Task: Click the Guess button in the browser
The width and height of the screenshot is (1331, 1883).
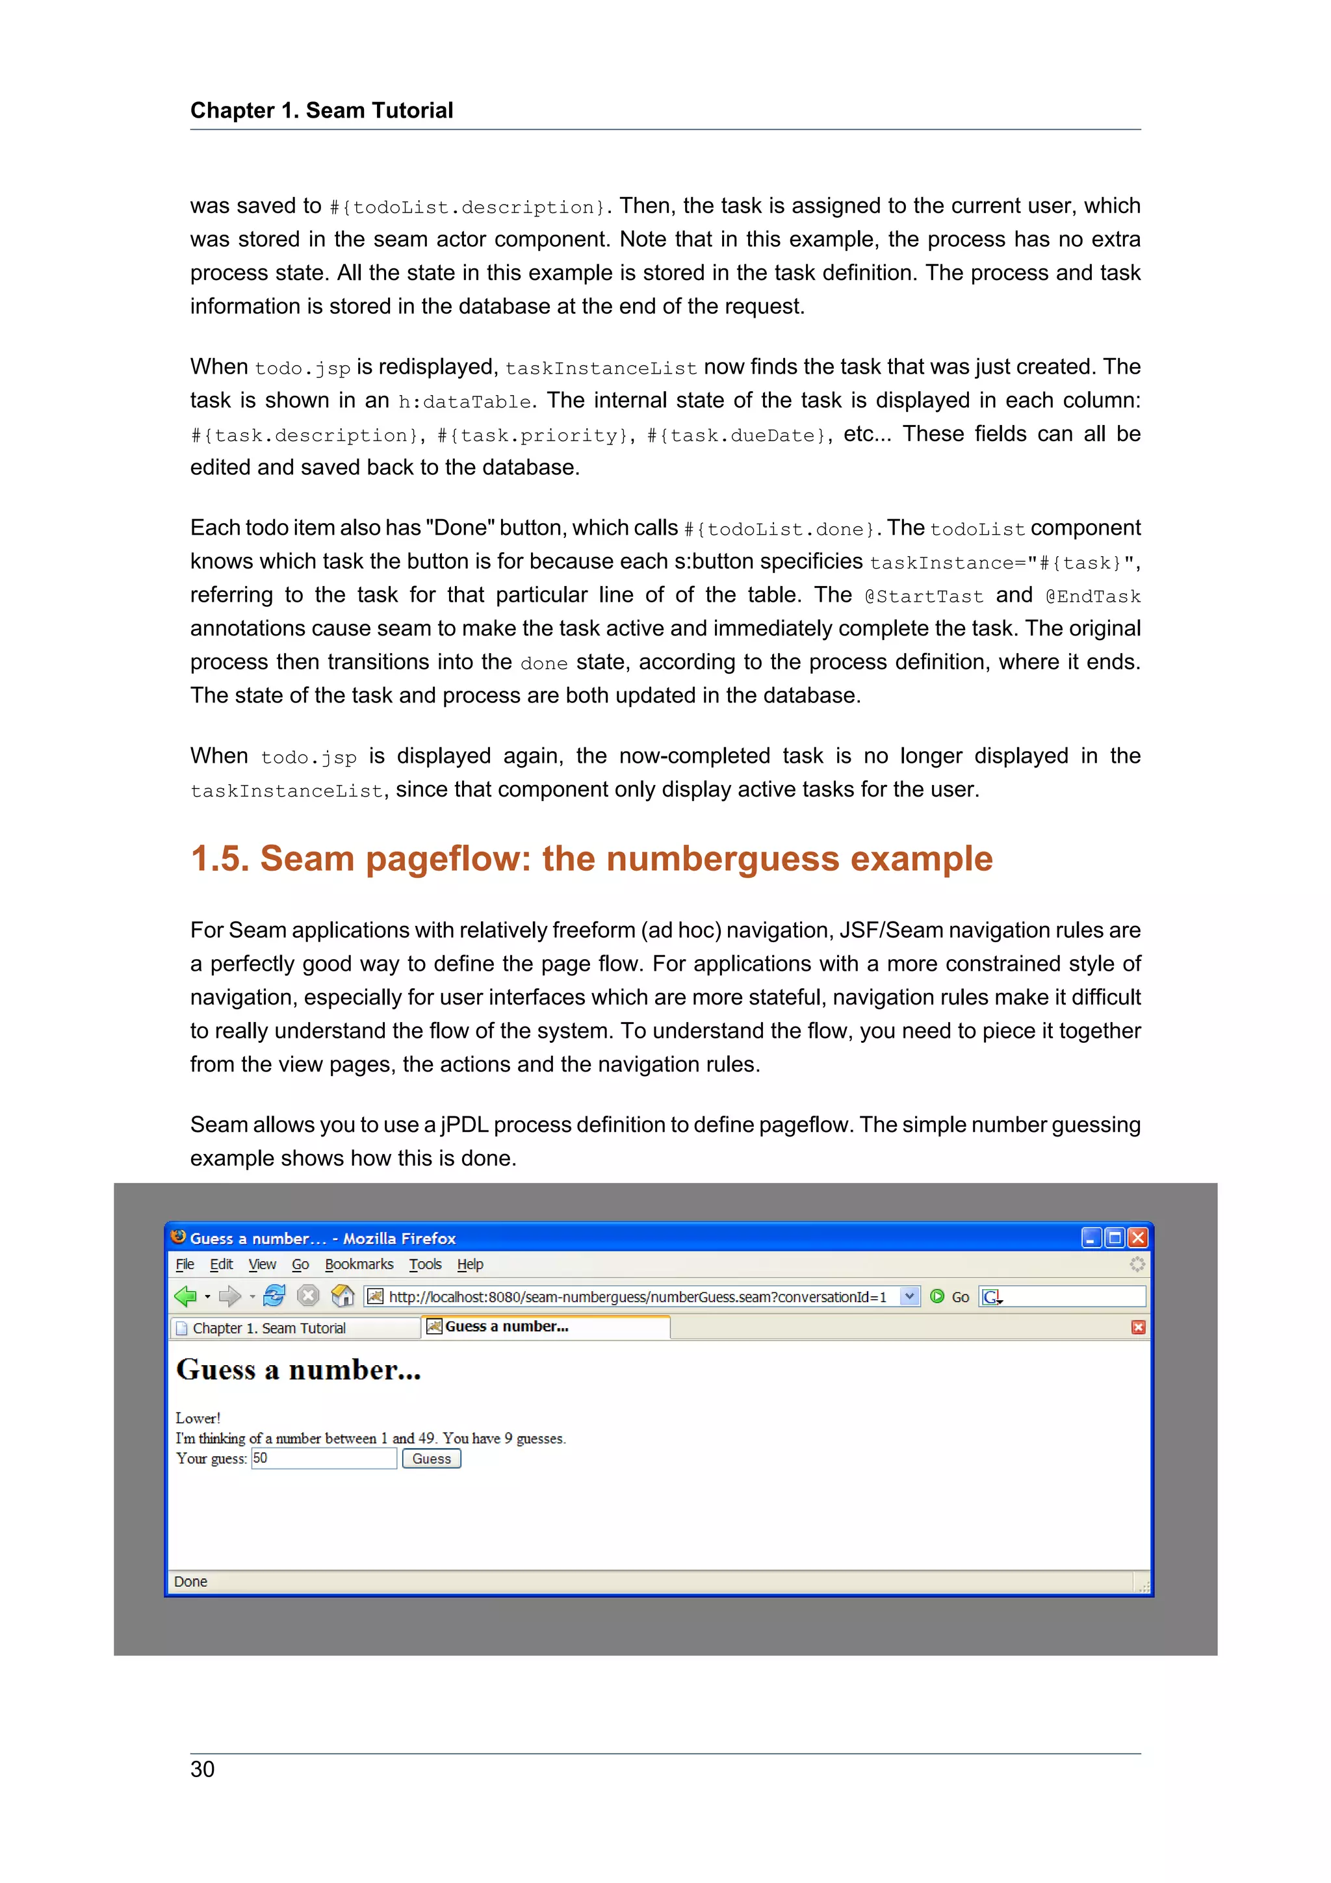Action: click(x=432, y=1458)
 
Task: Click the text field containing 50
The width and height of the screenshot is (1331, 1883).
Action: click(x=323, y=1458)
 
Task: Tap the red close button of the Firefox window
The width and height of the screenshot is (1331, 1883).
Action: click(x=1137, y=1238)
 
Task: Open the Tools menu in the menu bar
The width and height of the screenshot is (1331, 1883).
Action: click(x=425, y=1264)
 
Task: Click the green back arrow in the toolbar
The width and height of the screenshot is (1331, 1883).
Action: click(x=185, y=1297)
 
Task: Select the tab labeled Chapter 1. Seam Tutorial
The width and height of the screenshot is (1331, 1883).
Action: click(x=269, y=1327)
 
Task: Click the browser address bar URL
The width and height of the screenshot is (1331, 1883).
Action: click(x=637, y=1297)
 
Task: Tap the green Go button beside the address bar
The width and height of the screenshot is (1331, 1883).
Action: click(x=950, y=1297)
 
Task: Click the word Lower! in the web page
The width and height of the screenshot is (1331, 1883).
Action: click(x=198, y=1418)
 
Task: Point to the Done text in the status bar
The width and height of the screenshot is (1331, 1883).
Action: click(x=190, y=1582)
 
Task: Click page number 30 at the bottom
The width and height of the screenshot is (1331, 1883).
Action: click(x=203, y=1769)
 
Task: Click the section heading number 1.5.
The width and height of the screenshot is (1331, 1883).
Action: click(x=219, y=859)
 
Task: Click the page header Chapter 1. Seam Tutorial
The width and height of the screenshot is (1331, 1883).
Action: click(x=322, y=110)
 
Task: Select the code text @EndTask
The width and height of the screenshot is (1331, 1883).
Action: click(x=1092, y=596)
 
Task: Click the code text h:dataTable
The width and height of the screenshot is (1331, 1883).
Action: click(x=464, y=402)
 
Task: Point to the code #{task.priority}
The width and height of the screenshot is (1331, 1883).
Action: click(x=532, y=435)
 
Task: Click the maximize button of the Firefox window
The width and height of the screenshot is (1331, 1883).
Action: click(x=1114, y=1238)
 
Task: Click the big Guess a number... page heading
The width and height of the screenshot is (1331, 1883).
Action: click(x=298, y=1370)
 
